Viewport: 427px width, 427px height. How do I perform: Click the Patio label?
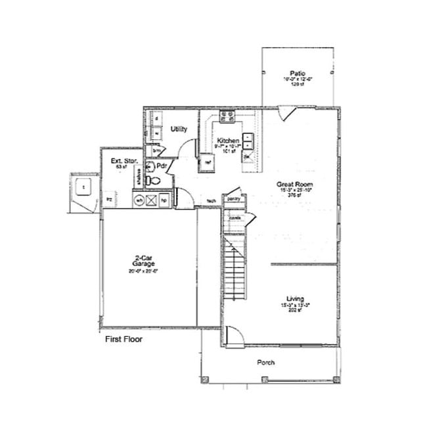(x=296, y=73)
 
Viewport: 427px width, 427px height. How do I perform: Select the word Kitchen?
(x=228, y=141)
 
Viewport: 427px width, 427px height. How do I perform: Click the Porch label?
(x=265, y=363)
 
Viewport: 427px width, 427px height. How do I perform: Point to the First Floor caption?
(x=124, y=340)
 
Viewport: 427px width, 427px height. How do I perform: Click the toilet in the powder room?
(x=151, y=179)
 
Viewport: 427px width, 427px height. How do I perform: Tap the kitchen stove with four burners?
(x=228, y=117)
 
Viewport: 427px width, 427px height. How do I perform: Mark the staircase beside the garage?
(x=233, y=269)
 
